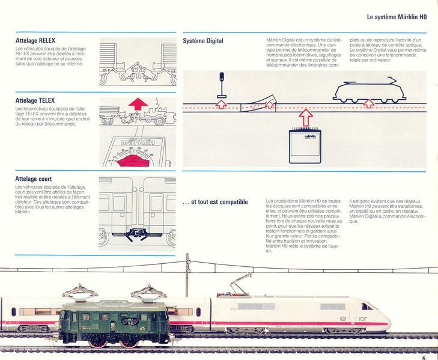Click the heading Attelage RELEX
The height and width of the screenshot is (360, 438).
pos(35,41)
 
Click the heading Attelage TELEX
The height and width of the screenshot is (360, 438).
pos(35,100)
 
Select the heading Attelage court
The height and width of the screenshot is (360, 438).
pos(34,178)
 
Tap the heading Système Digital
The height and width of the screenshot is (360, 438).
pos(203,41)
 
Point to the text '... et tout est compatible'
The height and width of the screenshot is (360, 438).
pos(215,202)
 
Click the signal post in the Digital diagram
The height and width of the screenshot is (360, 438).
pos(222,84)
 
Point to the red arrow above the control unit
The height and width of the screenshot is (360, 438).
pos(306,117)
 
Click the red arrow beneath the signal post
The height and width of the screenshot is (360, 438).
pos(222,105)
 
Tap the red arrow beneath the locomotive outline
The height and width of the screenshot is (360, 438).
pos(369,104)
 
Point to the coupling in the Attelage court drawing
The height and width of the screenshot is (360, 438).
pos(137,234)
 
